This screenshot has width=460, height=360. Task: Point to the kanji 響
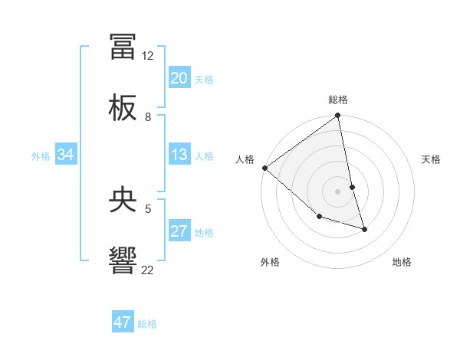click(x=123, y=260)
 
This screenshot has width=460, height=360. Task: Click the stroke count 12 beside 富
click(x=148, y=56)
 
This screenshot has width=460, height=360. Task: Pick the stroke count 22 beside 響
click(x=148, y=270)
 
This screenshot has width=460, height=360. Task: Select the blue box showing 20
click(x=179, y=78)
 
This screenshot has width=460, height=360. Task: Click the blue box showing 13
click(x=179, y=155)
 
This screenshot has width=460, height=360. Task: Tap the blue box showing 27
click(x=179, y=232)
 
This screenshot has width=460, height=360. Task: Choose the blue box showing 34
click(x=66, y=155)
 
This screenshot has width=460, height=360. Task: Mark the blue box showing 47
click(x=123, y=322)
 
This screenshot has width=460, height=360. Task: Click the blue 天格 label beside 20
click(x=204, y=79)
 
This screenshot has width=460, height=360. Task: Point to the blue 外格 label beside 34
click(x=41, y=156)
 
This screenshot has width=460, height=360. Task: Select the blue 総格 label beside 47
click(x=147, y=323)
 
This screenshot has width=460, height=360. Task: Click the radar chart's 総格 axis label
click(x=338, y=100)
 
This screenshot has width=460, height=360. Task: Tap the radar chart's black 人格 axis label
click(x=245, y=159)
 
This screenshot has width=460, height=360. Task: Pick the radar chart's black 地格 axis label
click(x=402, y=262)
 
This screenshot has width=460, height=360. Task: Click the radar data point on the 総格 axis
click(x=337, y=116)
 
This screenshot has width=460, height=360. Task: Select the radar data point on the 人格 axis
click(x=264, y=168)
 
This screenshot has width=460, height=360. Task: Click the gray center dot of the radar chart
click(x=337, y=191)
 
